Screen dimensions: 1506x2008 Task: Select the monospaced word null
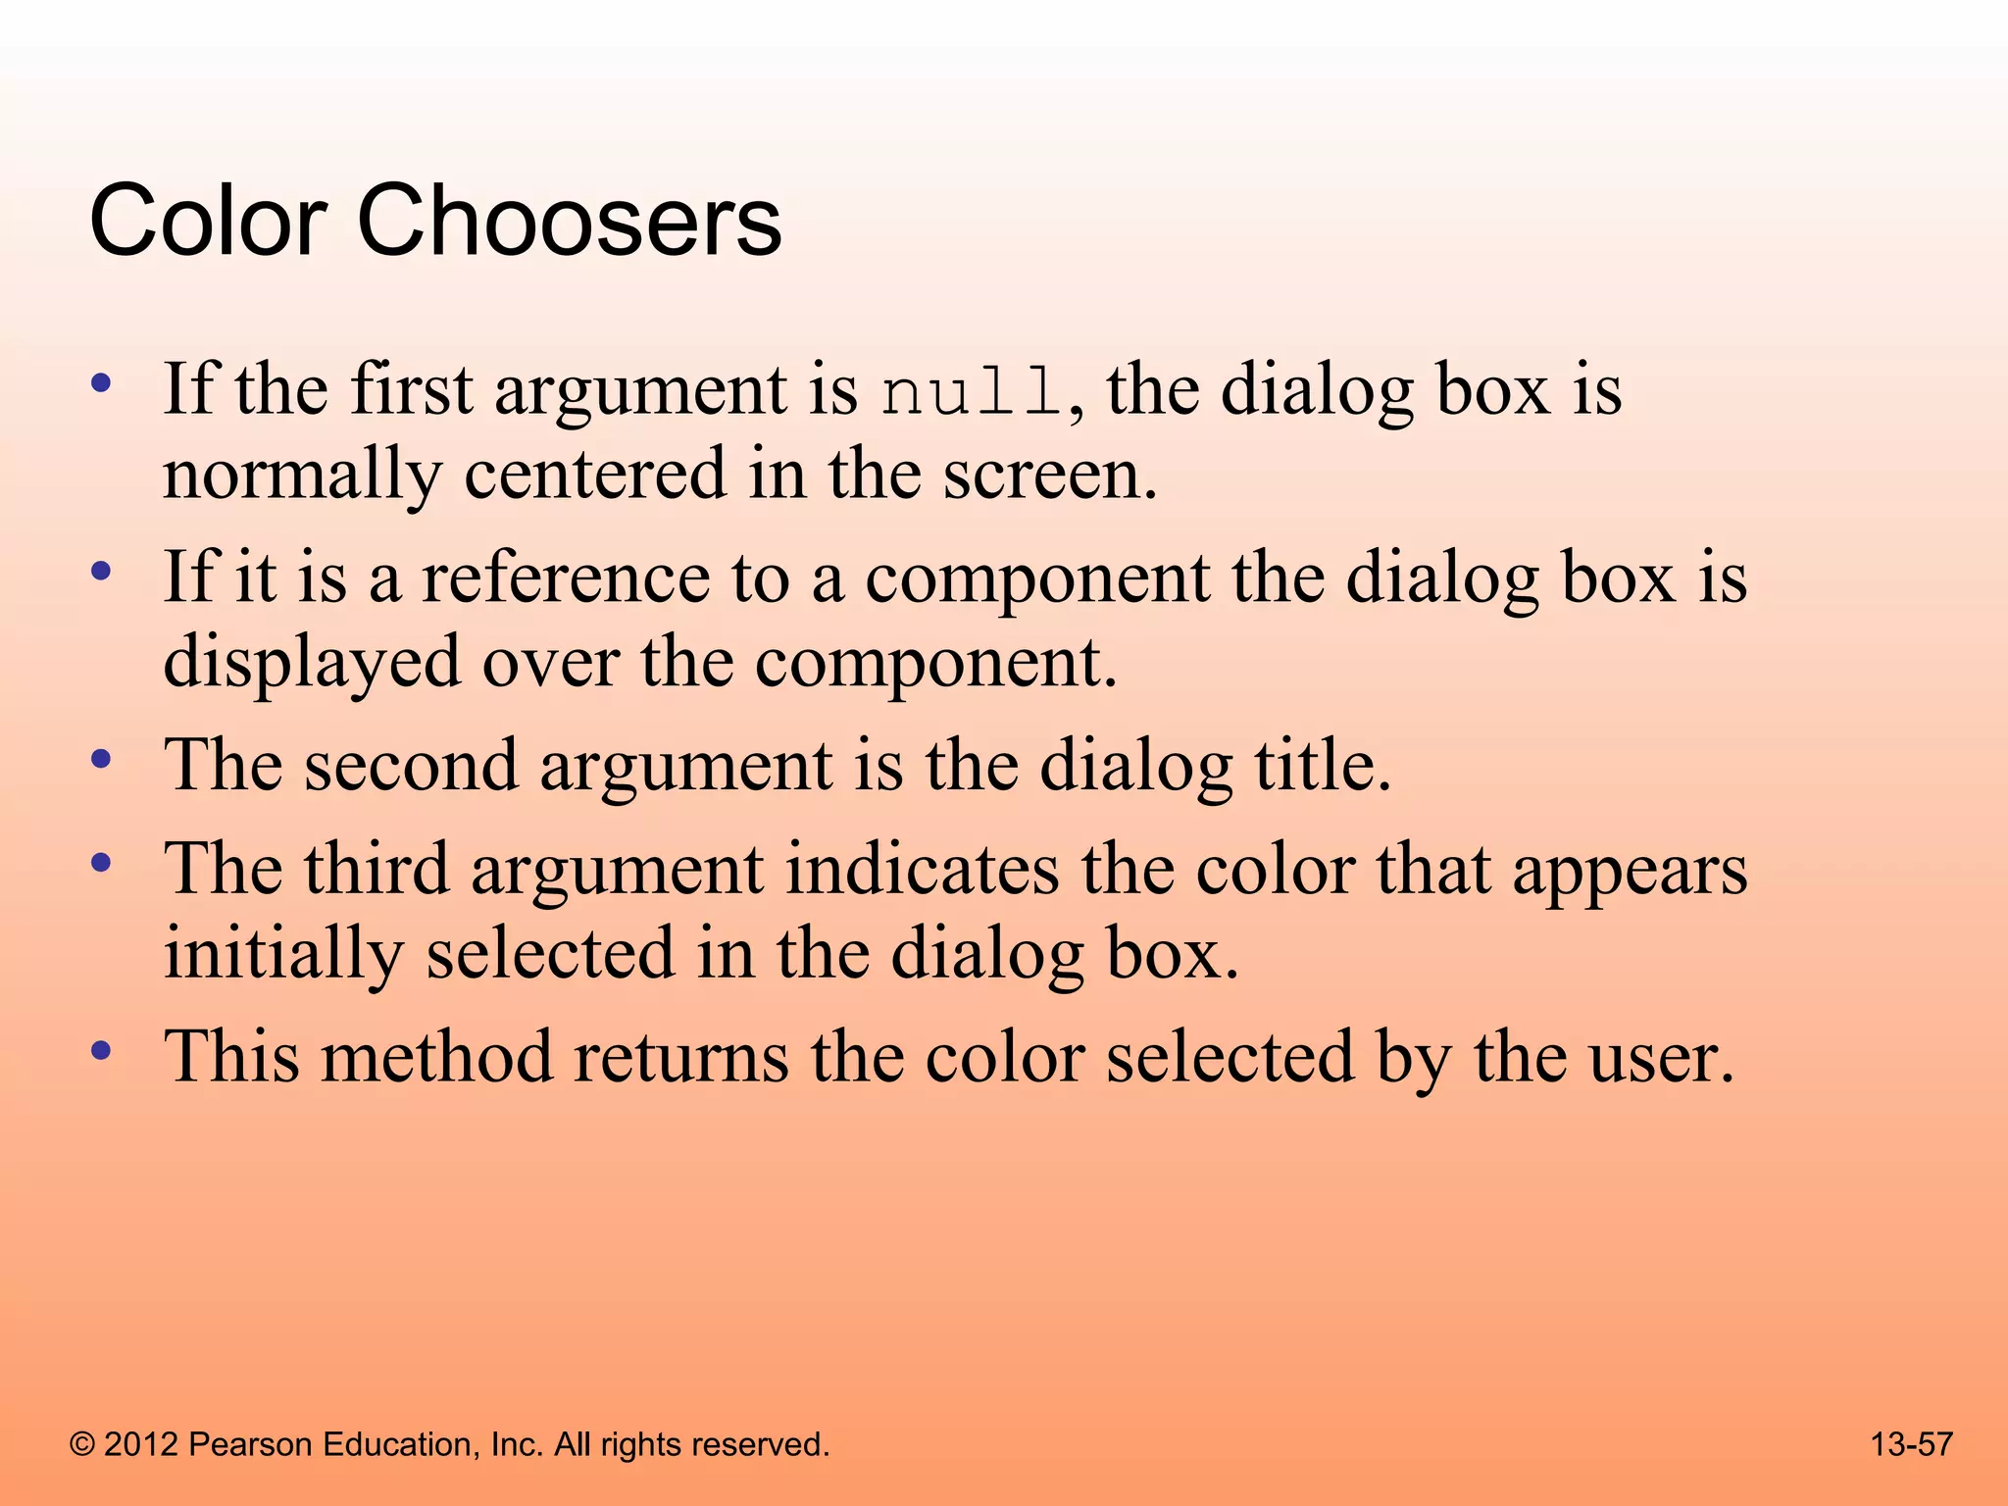[970, 392]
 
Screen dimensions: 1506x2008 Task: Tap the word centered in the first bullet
[594, 475]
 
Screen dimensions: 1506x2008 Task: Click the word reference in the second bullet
[566, 578]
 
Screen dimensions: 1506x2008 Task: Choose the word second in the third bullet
[410, 766]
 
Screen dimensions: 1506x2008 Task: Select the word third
[376, 870]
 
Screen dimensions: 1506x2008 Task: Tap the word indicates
[922, 870]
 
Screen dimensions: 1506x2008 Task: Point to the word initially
[283, 955]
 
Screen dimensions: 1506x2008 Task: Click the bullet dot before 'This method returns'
[100, 1051]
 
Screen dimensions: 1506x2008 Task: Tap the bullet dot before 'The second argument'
[100, 759]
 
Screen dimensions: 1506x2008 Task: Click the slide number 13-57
[1911, 1444]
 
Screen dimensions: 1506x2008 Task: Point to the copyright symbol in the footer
[82, 1445]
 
